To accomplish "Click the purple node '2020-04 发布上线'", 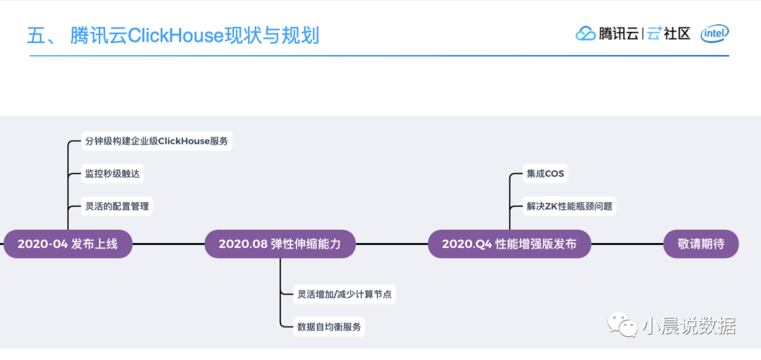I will click(x=67, y=244).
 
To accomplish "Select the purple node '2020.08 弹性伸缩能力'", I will click(x=280, y=244).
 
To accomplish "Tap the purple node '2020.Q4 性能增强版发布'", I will click(x=509, y=244).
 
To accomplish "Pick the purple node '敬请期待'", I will click(x=703, y=244).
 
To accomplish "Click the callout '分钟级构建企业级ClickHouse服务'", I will click(x=156, y=141).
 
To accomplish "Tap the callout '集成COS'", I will click(x=545, y=173).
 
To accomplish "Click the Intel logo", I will click(x=714, y=33).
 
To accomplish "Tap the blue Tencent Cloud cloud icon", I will click(x=586, y=33).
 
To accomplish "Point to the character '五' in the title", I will click(x=37, y=35).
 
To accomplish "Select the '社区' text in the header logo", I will click(x=678, y=33).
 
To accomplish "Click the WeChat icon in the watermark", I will click(x=624, y=325).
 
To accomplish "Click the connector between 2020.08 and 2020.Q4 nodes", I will click(x=392, y=244).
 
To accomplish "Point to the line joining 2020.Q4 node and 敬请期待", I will click(x=627, y=244).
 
